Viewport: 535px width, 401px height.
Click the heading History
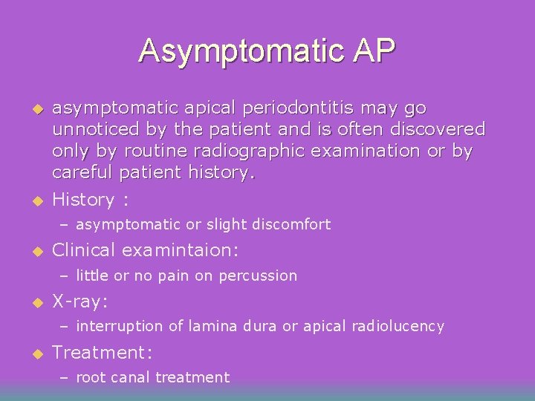pyautogui.click(x=83, y=200)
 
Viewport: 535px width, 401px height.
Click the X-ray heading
pyautogui.click(x=80, y=301)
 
